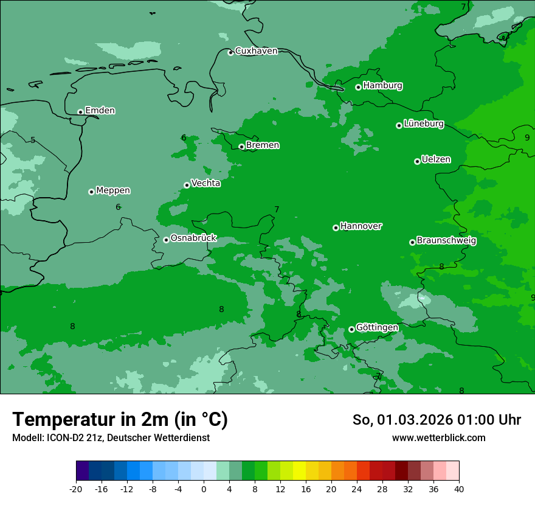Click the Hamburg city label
click(382, 86)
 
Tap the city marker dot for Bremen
click(241, 147)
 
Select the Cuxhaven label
click(256, 51)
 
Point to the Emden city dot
click(80, 112)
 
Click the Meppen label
click(113, 190)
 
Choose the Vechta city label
click(205, 183)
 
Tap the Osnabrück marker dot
click(166, 240)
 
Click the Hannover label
click(361, 226)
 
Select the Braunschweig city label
click(446, 241)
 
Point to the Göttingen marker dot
click(351, 329)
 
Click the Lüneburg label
click(423, 124)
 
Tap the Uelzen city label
click(436, 159)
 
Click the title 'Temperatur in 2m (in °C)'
click(120, 419)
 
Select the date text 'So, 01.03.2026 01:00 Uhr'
click(437, 420)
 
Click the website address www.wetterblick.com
click(438, 438)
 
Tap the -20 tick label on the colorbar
click(76, 489)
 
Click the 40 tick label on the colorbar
click(459, 489)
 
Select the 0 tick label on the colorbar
click(204, 489)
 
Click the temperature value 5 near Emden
click(33, 140)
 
